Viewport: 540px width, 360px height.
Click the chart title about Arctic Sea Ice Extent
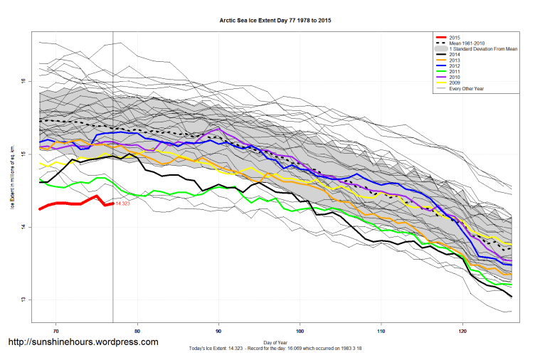coord(275,21)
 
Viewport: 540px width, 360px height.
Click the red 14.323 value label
coord(123,204)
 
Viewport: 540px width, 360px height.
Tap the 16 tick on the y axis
coord(23,82)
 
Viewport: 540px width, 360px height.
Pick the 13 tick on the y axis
coord(23,300)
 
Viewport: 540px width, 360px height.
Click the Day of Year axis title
coord(275,342)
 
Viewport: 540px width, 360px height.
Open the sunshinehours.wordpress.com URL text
coord(83,342)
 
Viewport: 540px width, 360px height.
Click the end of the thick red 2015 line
coord(113,203)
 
